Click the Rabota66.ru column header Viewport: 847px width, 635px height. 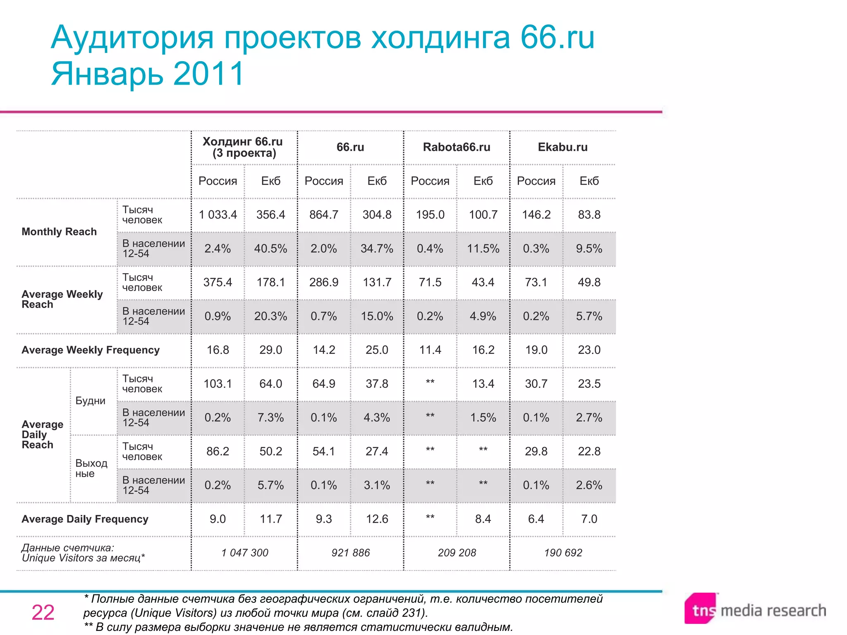point(456,147)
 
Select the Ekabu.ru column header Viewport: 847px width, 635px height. point(562,147)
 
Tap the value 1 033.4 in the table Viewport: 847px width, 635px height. point(218,215)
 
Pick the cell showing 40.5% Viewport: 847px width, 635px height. point(270,248)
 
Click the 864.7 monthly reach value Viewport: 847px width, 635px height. point(324,215)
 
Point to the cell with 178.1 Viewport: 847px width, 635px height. point(270,282)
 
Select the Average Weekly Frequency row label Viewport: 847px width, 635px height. point(91,350)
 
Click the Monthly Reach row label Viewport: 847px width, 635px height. point(59,232)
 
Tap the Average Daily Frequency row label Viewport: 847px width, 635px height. point(85,519)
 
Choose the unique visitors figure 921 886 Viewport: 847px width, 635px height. point(350,553)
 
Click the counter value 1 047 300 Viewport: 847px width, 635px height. point(244,553)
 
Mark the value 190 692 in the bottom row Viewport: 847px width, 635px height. point(563,553)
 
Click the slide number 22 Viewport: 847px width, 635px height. point(43,612)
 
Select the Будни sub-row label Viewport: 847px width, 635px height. point(90,401)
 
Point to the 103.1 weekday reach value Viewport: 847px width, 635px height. point(218,384)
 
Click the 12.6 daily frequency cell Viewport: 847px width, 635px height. point(377,519)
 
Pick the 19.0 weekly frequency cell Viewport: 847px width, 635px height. point(536,350)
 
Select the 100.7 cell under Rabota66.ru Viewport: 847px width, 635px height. point(483,215)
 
